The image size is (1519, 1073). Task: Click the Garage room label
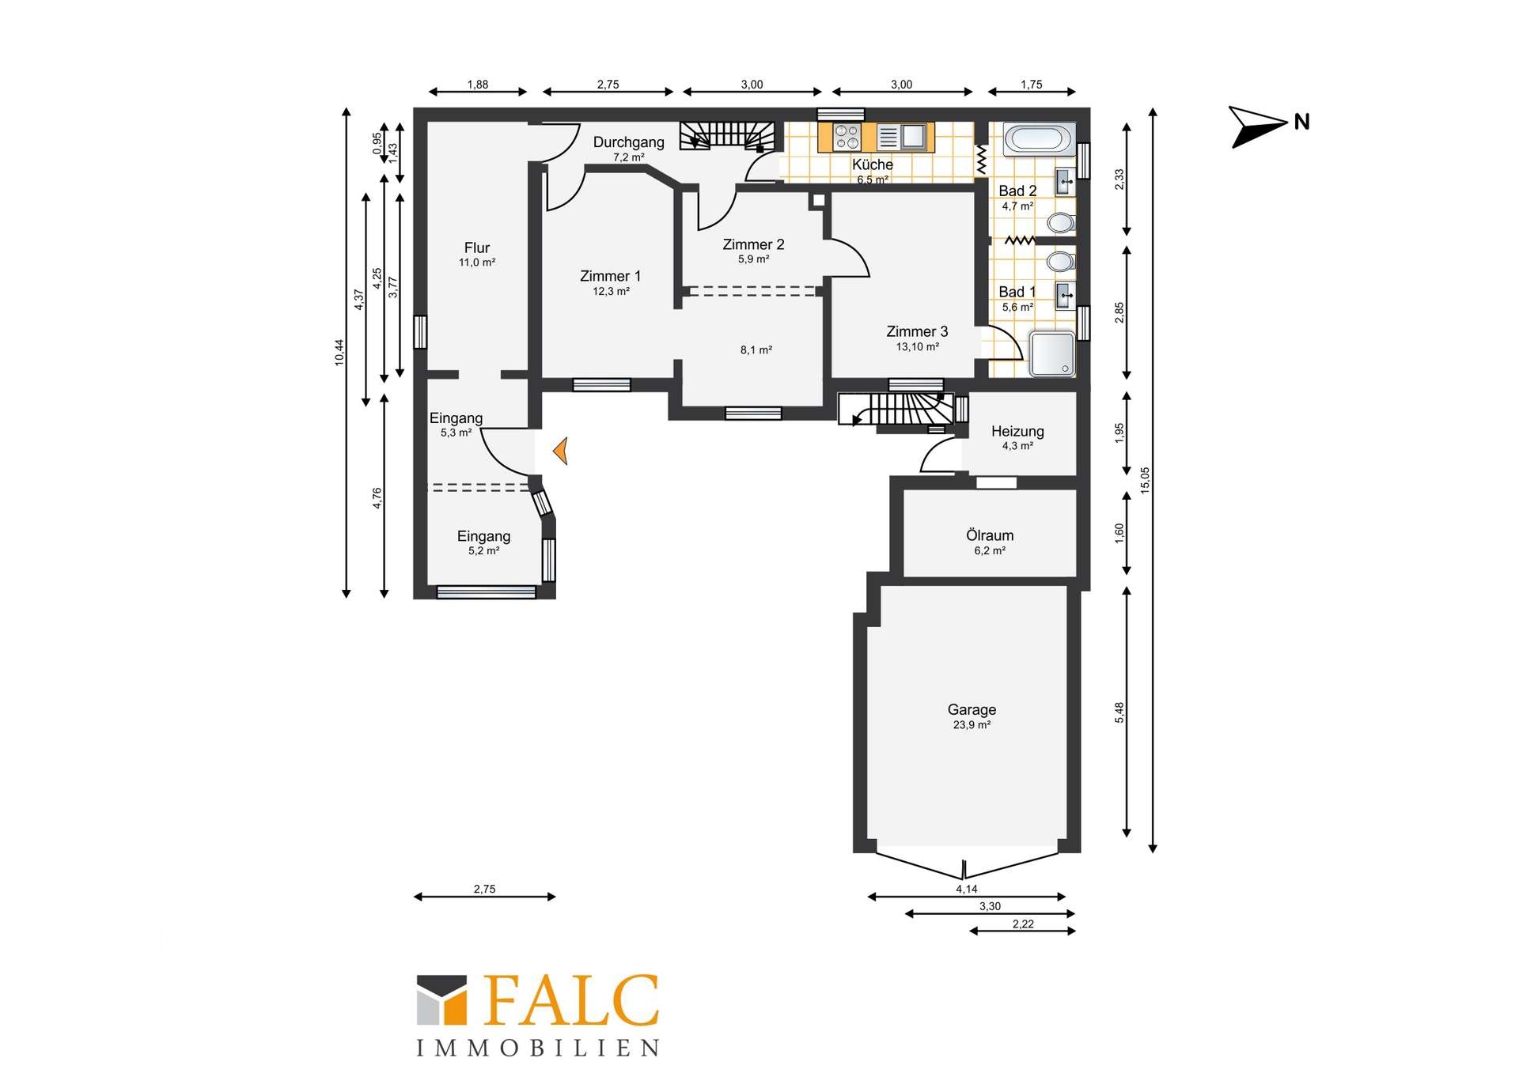coord(972,710)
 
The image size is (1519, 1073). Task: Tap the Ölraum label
coord(990,535)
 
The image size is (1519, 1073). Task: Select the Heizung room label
coord(1017,431)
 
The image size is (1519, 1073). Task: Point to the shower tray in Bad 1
coord(1052,353)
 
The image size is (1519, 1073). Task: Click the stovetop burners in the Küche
coord(847,137)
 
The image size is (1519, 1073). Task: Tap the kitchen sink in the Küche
coord(913,137)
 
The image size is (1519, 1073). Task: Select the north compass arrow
coord(1258,127)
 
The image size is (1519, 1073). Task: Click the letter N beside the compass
coord(1302,122)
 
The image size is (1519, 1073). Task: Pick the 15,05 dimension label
coord(1146,480)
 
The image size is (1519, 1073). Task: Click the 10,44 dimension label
coord(339,352)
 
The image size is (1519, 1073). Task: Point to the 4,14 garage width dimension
coord(967,890)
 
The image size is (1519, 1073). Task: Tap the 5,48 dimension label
coord(1119,712)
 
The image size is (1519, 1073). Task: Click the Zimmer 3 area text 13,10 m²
coord(918,347)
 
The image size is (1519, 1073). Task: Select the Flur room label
coord(477,247)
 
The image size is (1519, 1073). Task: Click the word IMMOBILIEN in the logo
coord(538,1048)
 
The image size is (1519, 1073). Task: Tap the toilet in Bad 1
coord(1061,261)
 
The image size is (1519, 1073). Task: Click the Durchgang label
coord(629,142)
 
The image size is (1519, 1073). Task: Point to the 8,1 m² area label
coord(756,350)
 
